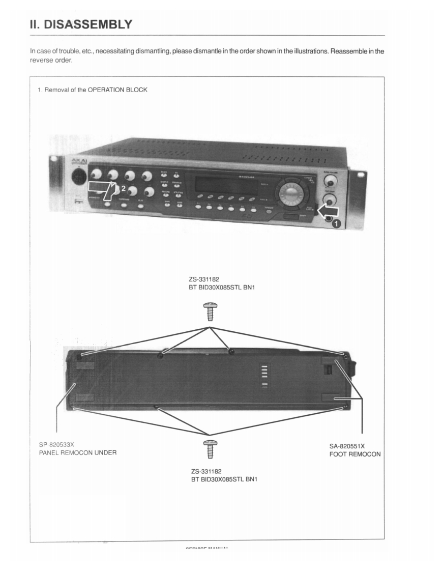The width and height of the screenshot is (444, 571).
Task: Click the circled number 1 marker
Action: point(336,226)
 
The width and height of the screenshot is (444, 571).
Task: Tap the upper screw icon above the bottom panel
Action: point(209,311)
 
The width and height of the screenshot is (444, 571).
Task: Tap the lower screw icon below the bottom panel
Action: point(209,448)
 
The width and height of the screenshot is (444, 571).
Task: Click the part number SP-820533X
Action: point(56,444)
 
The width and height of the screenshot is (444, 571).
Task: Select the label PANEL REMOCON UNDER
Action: point(78,453)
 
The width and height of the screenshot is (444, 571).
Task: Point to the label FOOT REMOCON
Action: point(354,454)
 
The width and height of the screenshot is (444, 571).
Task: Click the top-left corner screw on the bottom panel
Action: point(79,353)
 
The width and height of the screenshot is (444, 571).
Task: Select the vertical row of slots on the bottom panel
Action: point(263,376)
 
